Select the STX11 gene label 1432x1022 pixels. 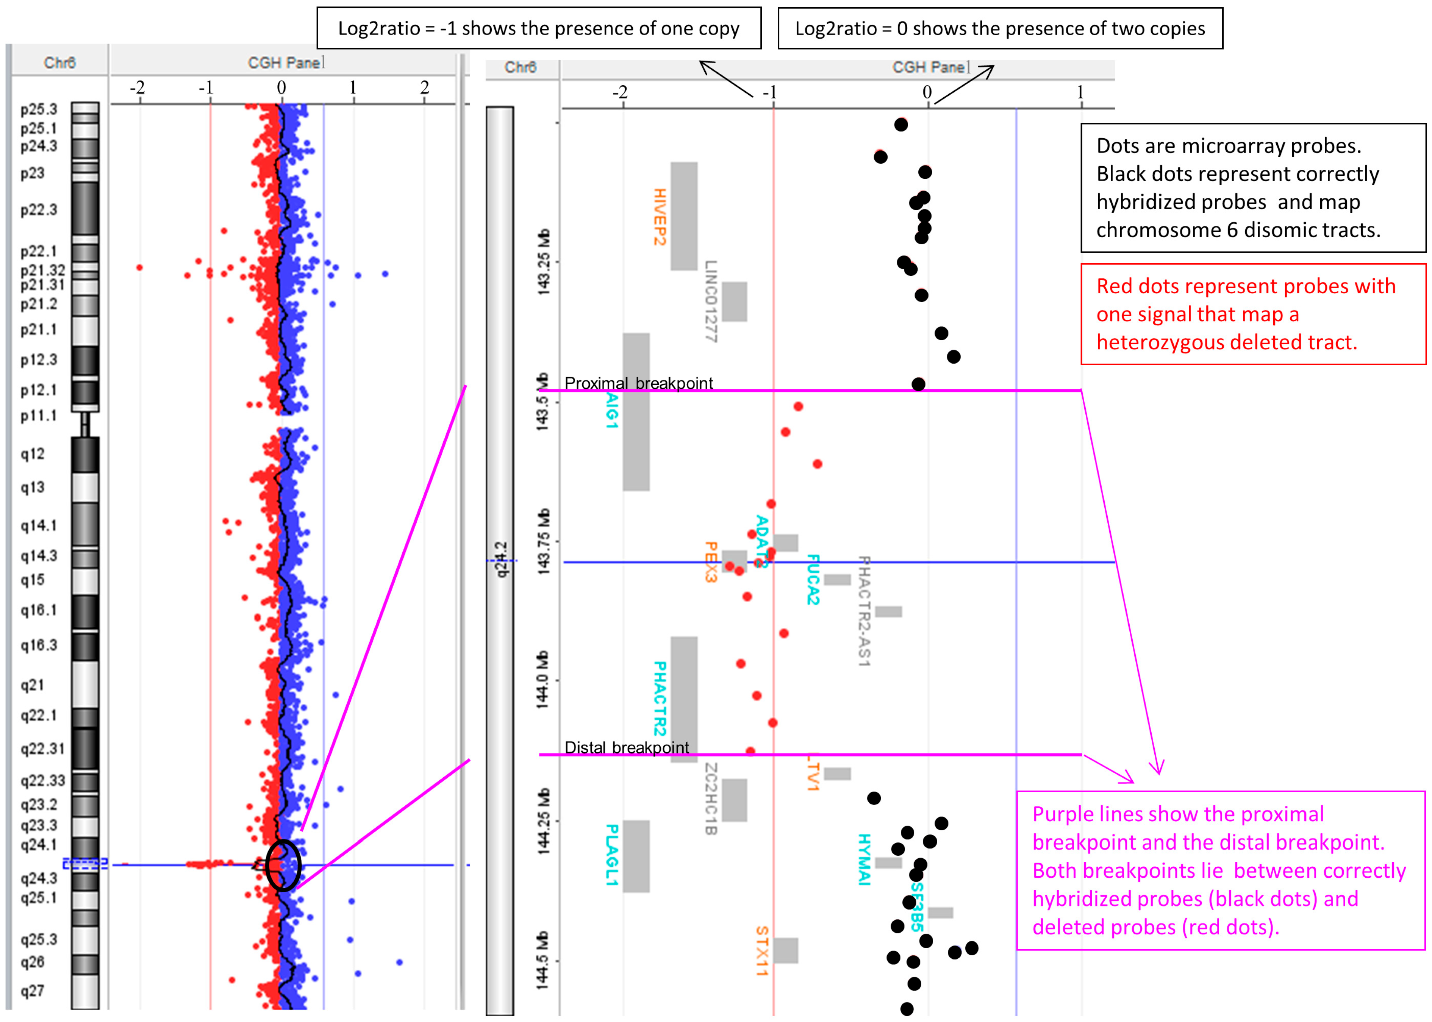(x=761, y=950)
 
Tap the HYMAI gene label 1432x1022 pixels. (x=864, y=859)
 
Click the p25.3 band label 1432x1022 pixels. (x=38, y=109)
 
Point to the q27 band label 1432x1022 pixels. (x=32, y=991)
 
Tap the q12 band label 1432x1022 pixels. (x=32, y=454)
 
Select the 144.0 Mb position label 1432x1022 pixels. (x=542, y=680)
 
